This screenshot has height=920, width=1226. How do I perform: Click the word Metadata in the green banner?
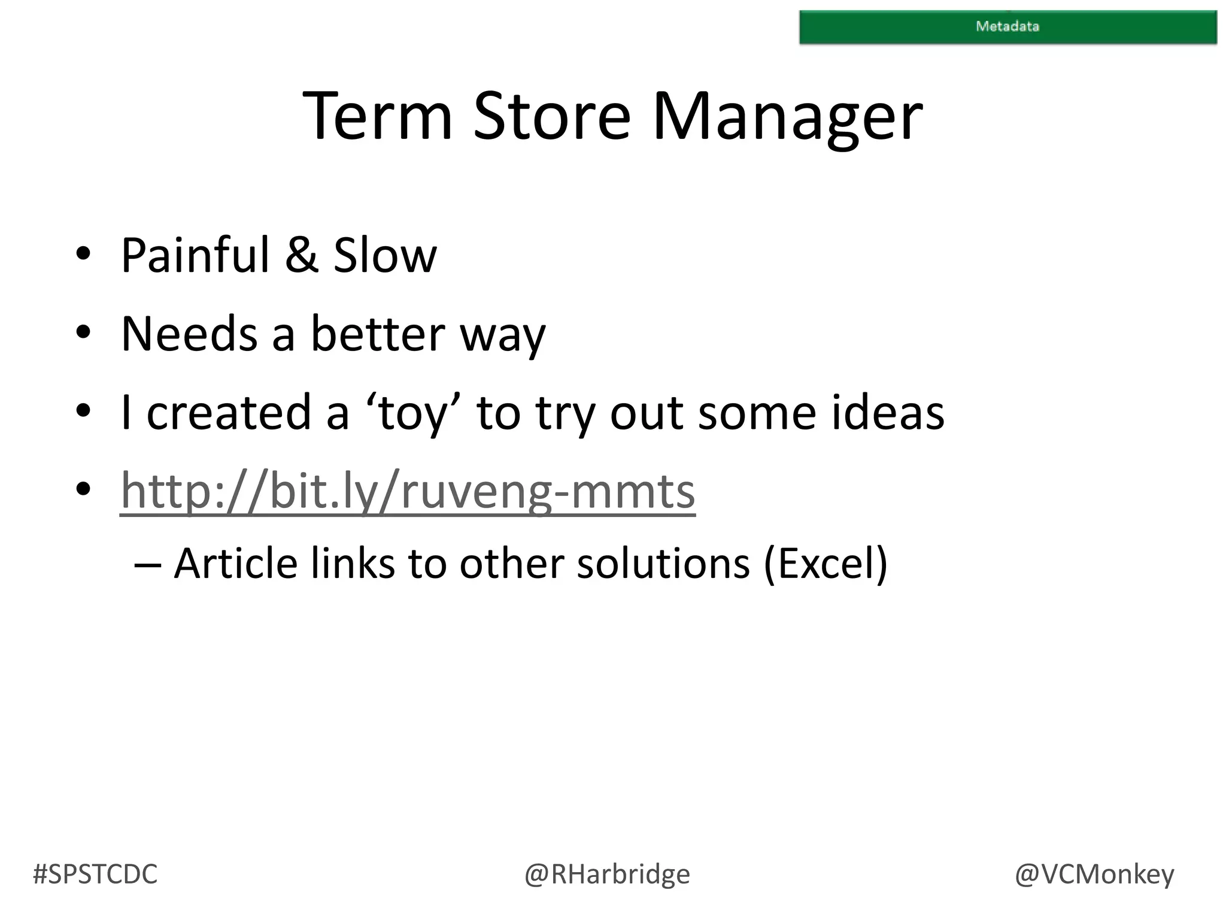click(x=1007, y=26)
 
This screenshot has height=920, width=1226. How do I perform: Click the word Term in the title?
click(x=377, y=116)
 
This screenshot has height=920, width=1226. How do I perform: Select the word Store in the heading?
click(x=551, y=116)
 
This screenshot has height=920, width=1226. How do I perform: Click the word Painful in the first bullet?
click(x=195, y=256)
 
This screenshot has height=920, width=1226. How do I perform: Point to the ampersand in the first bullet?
click(x=301, y=256)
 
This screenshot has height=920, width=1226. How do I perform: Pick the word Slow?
click(x=384, y=256)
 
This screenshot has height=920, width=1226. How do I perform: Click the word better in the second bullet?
click(x=377, y=334)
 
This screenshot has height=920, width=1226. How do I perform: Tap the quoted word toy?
click(x=412, y=413)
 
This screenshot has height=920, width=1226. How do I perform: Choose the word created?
click(x=229, y=413)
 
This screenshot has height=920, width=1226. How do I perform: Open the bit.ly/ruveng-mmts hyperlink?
click(x=407, y=491)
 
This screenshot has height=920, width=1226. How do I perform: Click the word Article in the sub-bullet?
click(x=235, y=564)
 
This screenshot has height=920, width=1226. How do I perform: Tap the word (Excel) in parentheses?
click(x=826, y=564)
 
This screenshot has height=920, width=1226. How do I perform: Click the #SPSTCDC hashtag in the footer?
click(x=95, y=874)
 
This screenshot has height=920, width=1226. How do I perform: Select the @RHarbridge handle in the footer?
click(x=607, y=874)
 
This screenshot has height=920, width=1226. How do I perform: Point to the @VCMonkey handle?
click(x=1094, y=874)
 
